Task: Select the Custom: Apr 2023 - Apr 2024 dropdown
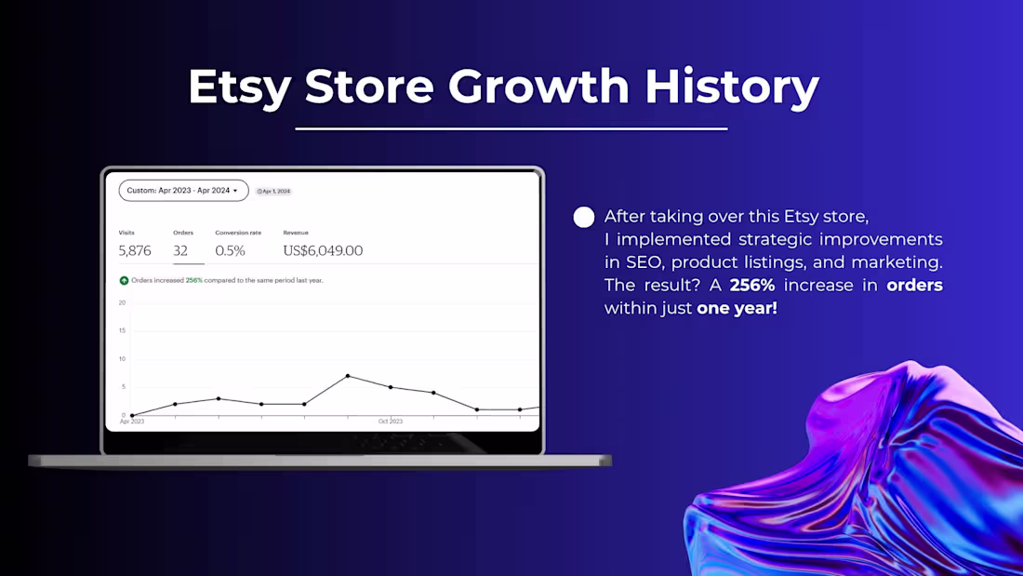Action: (x=183, y=191)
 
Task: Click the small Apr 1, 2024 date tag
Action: (x=273, y=192)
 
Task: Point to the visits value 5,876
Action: (x=135, y=250)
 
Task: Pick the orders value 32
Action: (x=180, y=250)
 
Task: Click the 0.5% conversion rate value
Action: (x=230, y=250)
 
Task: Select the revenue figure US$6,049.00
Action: (x=323, y=250)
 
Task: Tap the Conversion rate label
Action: (x=238, y=233)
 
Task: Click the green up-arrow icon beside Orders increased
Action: (x=124, y=280)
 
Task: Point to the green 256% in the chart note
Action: (x=193, y=280)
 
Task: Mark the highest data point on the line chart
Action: (x=348, y=376)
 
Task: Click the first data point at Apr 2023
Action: (x=132, y=415)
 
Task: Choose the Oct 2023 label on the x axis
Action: (x=391, y=422)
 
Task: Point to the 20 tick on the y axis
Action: (x=122, y=302)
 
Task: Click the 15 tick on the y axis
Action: (x=122, y=330)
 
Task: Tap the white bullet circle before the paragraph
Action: (x=584, y=218)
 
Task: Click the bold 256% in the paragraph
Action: (x=752, y=285)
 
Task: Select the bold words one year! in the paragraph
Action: (x=737, y=308)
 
